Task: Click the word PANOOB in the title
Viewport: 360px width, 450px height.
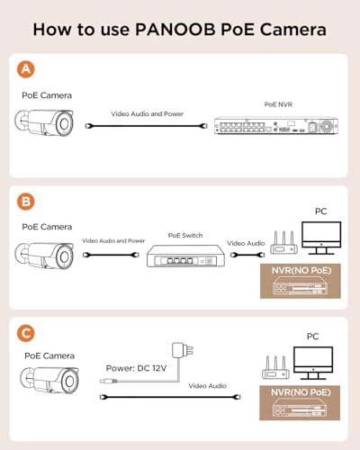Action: (175, 30)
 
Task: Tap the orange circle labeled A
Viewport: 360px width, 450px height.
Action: (26, 69)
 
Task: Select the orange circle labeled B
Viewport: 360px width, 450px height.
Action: (26, 202)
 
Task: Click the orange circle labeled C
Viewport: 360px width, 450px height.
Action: (26, 333)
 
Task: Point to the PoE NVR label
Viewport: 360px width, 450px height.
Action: (278, 104)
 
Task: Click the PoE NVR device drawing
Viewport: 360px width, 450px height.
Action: (276, 125)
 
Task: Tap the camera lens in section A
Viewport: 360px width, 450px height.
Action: (64, 123)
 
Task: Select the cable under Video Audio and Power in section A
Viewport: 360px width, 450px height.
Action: (147, 126)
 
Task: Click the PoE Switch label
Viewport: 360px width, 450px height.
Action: (185, 236)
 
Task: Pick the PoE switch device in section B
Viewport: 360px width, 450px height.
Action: (185, 256)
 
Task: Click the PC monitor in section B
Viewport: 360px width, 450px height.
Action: (321, 238)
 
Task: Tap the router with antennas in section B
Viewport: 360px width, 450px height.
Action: (283, 242)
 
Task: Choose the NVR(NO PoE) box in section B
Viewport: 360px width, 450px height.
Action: (301, 281)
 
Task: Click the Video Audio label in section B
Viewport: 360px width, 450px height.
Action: (246, 243)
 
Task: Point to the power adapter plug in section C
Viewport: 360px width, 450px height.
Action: (183, 350)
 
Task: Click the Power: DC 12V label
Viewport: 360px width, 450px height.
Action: (136, 368)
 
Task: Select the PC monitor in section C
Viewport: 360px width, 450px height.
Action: (313, 363)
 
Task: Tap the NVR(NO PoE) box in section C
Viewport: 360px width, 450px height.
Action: (300, 403)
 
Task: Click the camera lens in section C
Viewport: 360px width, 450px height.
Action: (69, 382)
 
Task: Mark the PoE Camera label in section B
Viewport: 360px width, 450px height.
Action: (47, 227)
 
